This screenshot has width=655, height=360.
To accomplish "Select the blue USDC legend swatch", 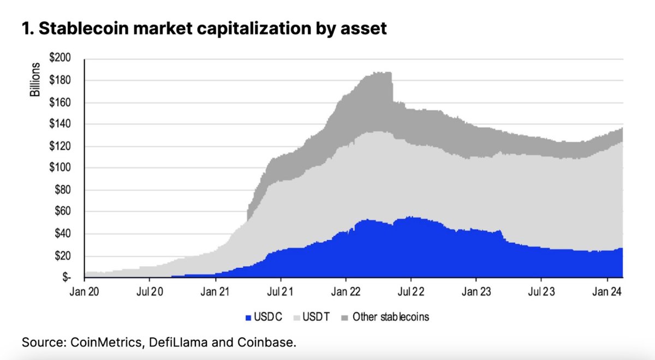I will point(249,317).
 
